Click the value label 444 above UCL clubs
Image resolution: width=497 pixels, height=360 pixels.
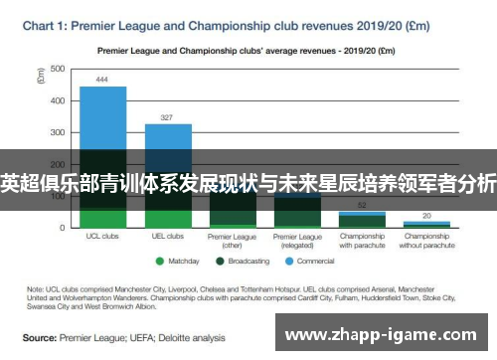coord(102,80)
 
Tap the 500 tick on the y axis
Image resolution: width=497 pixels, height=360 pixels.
coord(58,69)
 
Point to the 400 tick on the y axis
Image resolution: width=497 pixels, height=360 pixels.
coord(58,100)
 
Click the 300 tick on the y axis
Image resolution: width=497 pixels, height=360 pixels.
coord(58,132)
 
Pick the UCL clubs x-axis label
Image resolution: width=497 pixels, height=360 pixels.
coord(102,237)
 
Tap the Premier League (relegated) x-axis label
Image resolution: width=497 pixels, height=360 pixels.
coord(297,241)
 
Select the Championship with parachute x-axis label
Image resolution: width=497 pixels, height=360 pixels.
coord(362,241)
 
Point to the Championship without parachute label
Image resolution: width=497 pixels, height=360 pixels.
coord(426,241)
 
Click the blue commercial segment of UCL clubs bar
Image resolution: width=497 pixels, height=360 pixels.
coord(102,114)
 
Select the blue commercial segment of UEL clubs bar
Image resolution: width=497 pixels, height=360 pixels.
coord(168,136)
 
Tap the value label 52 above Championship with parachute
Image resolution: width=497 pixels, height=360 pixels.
coord(362,203)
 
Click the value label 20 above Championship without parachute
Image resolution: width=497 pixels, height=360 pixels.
coord(426,215)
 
